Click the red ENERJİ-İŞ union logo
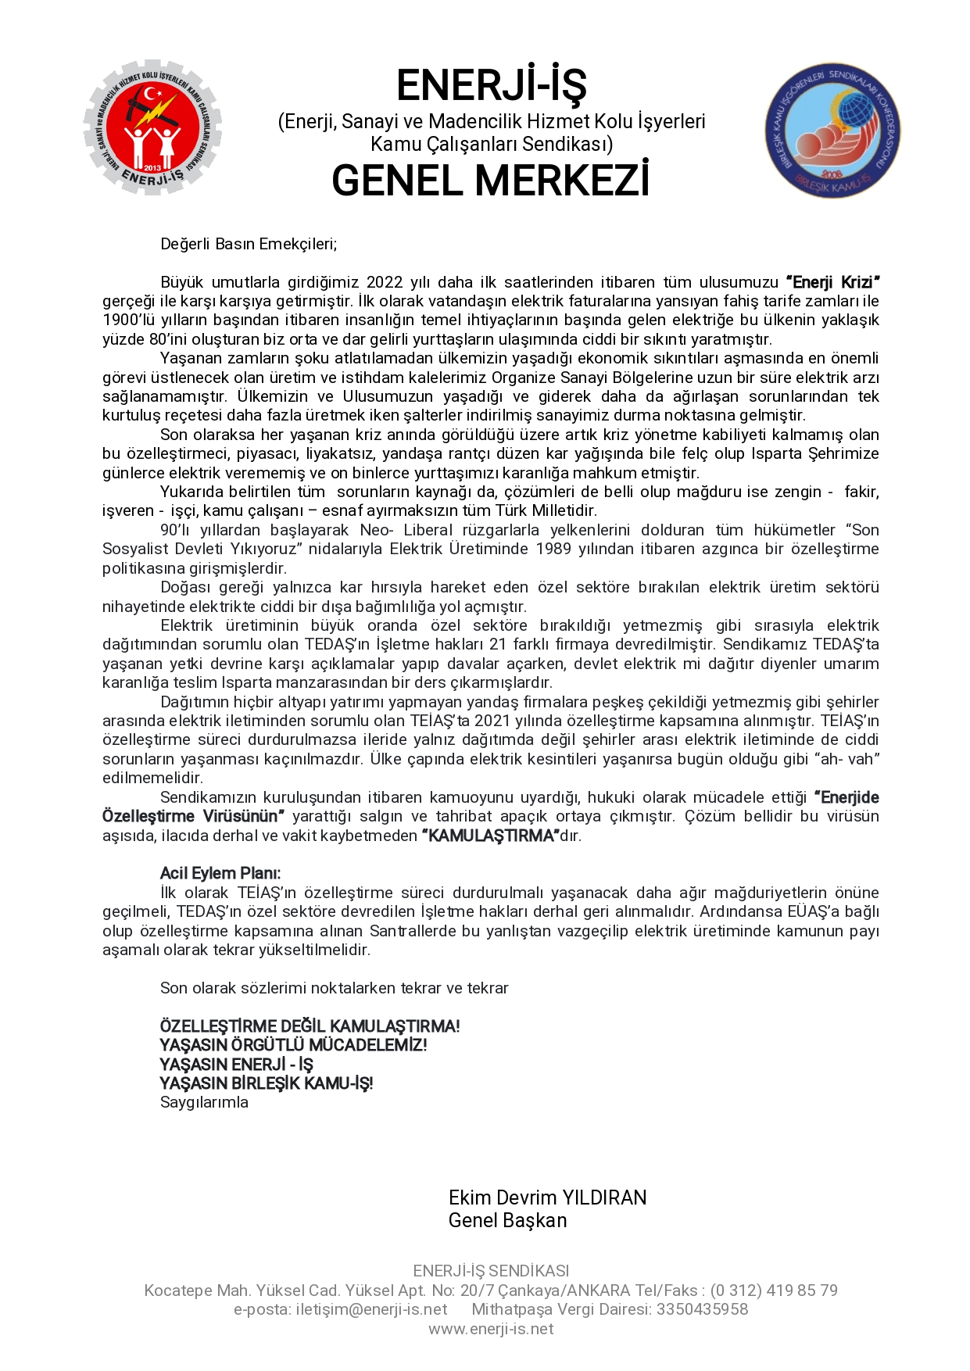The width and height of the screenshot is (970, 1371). point(152,130)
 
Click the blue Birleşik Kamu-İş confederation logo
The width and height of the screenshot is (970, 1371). point(832,131)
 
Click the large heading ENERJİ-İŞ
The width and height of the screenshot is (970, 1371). point(491,86)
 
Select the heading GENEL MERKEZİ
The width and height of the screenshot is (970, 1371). point(491,181)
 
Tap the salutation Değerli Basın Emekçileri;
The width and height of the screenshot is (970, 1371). point(249,244)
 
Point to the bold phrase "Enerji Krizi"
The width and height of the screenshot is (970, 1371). point(833,282)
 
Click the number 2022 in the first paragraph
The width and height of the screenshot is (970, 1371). point(385,282)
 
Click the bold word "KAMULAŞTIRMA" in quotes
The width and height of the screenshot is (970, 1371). point(491,836)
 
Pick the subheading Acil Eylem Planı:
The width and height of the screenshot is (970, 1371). point(220,873)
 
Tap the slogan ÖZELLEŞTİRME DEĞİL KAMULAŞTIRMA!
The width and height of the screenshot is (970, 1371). point(310,1026)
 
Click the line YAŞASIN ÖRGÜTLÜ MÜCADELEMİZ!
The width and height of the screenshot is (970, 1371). point(293,1045)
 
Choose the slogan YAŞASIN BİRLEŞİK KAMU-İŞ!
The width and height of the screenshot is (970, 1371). point(266,1083)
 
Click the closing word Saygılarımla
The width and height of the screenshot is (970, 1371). point(204,1102)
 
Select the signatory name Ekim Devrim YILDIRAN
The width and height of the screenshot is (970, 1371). point(547,1197)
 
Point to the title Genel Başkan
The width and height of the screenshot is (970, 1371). point(507,1220)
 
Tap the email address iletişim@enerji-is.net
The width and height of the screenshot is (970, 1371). point(371,1309)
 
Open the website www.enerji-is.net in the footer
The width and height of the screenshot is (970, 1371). point(491,1329)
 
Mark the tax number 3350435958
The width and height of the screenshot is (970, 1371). point(702,1309)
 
